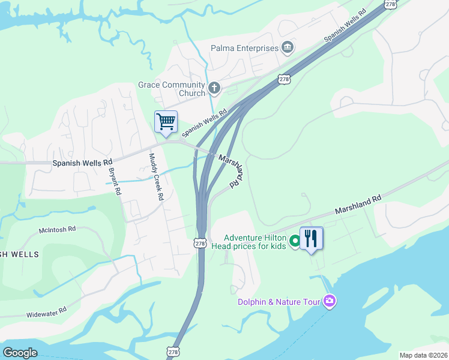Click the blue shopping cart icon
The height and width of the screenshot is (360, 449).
(166, 122)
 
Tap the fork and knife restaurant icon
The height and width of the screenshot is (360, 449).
(311, 238)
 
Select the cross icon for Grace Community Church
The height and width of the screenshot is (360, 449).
(214, 89)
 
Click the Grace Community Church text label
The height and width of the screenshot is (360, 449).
(172, 89)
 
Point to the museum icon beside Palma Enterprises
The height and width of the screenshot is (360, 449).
(288, 47)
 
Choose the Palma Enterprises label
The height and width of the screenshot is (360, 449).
(244, 48)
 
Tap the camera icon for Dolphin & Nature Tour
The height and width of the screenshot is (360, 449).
(329, 301)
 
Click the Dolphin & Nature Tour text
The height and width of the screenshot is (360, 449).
(279, 302)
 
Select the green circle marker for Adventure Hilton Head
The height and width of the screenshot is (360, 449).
(295, 241)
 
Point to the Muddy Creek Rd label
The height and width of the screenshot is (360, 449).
(156, 177)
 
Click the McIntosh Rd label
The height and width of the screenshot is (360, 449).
(58, 229)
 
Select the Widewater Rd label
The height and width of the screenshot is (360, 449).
(46, 313)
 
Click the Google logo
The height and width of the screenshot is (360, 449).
(20, 353)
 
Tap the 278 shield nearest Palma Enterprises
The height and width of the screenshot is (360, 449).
(285, 79)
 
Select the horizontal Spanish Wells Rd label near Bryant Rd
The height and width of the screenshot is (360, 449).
(82, 163)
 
